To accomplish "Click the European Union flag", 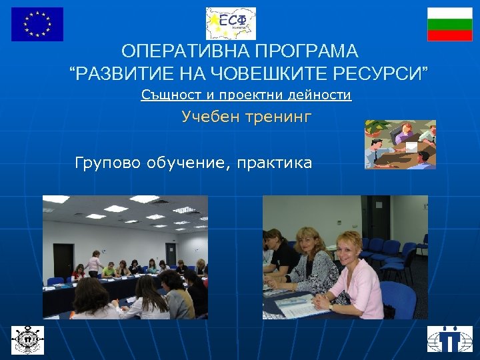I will point(37,24).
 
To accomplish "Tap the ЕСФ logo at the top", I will point(231,23).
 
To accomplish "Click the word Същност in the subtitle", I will point(166,95).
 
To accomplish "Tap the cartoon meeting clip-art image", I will point(400,144).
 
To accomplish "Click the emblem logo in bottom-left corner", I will point(27,338).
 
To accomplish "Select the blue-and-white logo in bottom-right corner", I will point(449,338).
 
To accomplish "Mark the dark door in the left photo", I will point(63,260).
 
